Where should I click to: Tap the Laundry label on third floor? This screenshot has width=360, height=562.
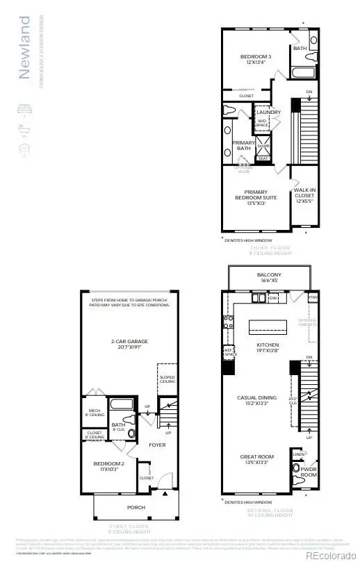pyautogui.click(x=268, y=112)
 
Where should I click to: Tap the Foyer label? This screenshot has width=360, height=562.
pyautogui.click(x=157, y=445)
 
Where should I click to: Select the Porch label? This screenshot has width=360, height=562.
pyautogui.click(x=136, y=507)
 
